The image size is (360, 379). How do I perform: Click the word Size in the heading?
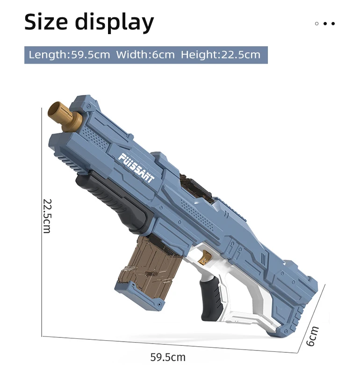pos(46,22)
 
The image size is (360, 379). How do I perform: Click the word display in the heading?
pos(115,23)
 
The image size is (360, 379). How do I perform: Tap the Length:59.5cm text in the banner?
pos(69,55)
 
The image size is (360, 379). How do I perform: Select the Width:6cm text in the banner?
pos(145,55)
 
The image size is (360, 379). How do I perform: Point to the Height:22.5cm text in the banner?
pos(221,55)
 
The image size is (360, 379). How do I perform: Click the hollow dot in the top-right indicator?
pos(317,23)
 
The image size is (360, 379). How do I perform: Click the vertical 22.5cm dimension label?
pos(47,216)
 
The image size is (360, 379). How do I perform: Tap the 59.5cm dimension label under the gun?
pos(168,357)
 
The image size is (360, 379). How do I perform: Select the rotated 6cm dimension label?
pos(312,336)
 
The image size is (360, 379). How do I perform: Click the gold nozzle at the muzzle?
pos(64,116)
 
